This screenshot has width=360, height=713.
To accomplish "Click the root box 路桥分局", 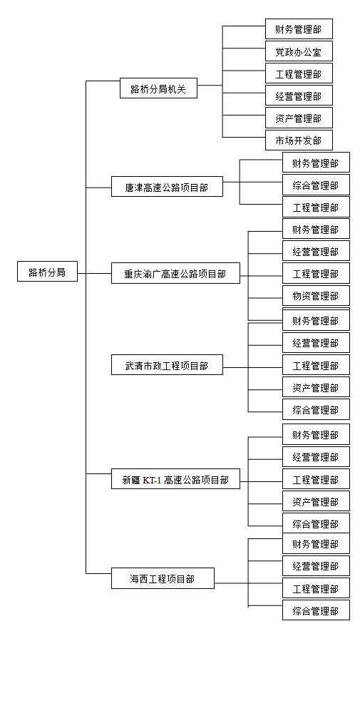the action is click(47, 272).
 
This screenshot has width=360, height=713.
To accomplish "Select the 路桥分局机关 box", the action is click(159, 88).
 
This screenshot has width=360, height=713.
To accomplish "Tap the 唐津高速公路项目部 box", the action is click(168, 186).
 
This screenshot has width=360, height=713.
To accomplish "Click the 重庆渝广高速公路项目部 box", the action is click(175, 273).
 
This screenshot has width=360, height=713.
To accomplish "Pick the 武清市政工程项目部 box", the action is click(168, 364).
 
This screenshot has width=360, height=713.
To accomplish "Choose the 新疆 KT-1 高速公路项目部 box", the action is click(175, 479).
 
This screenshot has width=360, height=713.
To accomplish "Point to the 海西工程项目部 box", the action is click(163, 578).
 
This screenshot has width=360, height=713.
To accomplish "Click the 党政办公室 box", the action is click(299, 51).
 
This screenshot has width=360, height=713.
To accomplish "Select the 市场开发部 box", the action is click(299, 140).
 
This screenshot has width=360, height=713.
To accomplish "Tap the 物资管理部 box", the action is click(316, 296).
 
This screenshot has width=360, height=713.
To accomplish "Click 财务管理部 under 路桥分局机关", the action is click(299, 29).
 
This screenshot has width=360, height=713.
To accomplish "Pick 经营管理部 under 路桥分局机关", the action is click(299, 96).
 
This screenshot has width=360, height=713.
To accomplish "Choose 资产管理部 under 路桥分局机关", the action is click(299, 118).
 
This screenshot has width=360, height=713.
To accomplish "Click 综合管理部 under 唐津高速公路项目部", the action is click(316, 185).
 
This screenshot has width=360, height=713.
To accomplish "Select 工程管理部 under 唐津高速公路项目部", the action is click(316, 207).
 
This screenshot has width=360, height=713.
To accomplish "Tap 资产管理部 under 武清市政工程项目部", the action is click(316, 387).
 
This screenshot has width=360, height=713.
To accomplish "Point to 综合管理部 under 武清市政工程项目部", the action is click(316, 409).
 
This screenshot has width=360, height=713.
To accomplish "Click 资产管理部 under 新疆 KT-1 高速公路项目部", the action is click(316, 501).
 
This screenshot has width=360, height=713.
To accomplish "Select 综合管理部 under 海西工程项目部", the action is click(316, 610).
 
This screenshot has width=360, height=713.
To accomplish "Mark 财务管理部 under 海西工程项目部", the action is click(316, 543).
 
